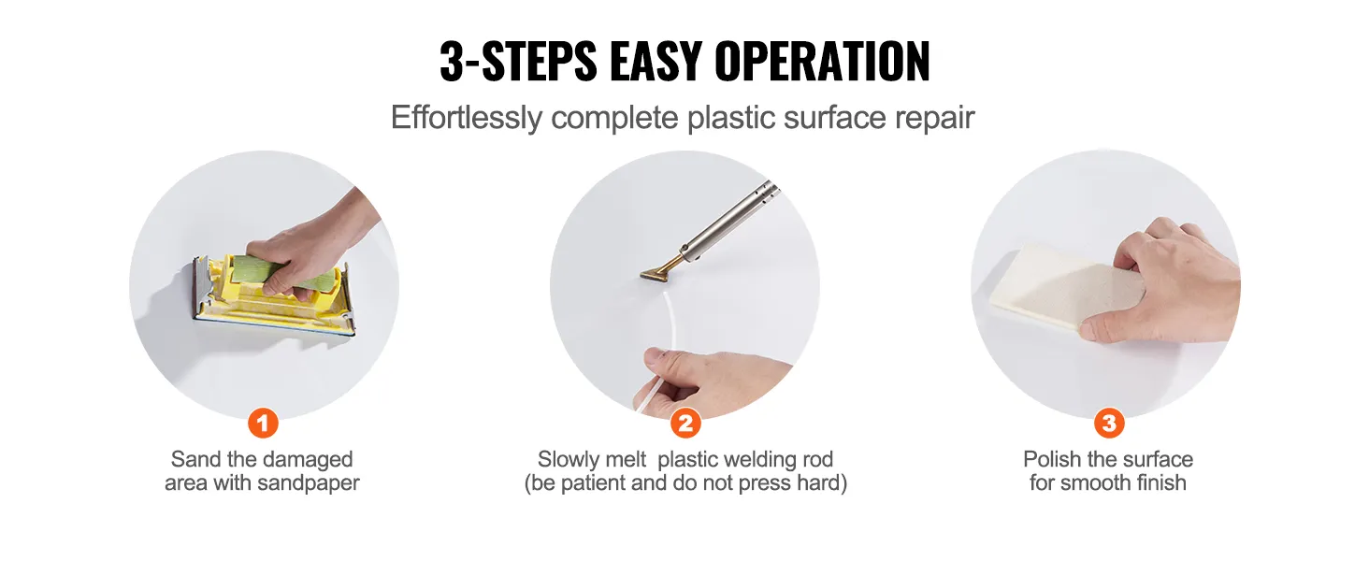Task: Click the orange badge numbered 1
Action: tap(263, 424)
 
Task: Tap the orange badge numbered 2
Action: tap(685, 424)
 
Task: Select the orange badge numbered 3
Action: tap(1108, 424)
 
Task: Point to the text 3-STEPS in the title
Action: tap(517, 63)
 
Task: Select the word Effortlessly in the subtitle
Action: tap(466, 119)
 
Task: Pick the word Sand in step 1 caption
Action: tap(191, 460)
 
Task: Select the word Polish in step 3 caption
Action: tap(1052, 460)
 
